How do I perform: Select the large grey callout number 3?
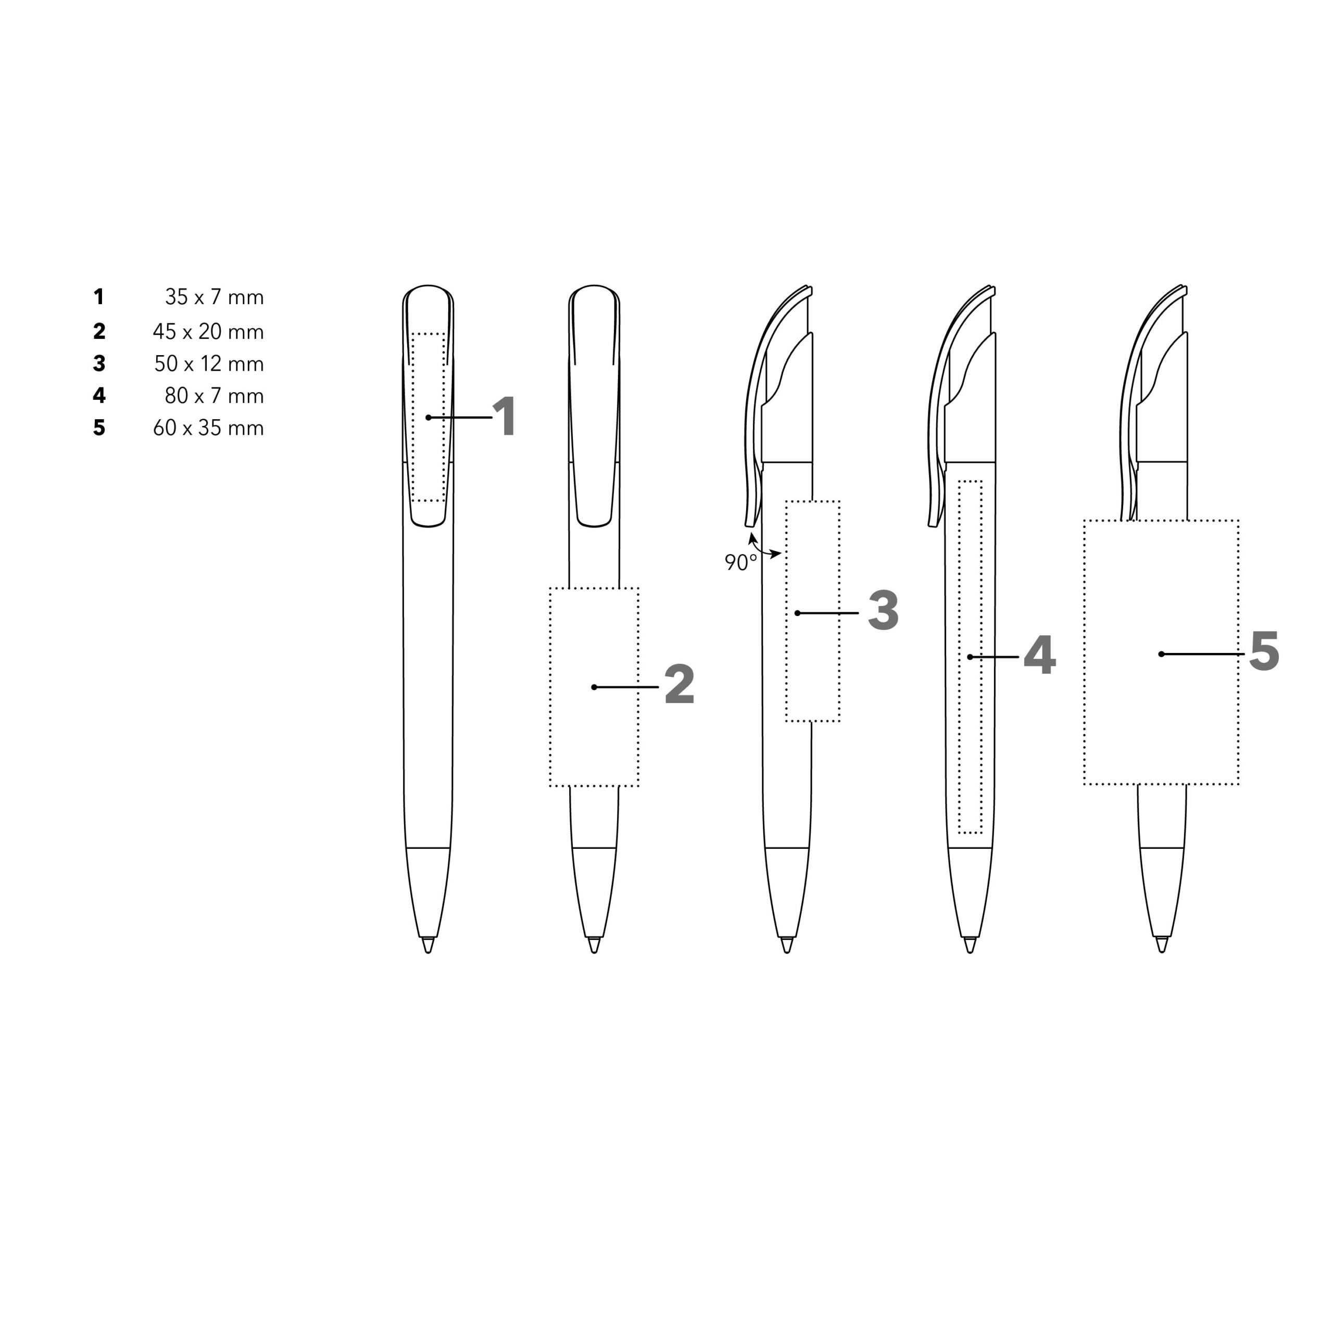pos(883,611)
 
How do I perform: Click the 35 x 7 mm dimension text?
pos(215,297)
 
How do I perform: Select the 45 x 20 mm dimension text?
pos(208,332)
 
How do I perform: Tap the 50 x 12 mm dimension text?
pos(209,363)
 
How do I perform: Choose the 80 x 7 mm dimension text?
pos(215,396)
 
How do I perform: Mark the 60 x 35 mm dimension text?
pos(208,428)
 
